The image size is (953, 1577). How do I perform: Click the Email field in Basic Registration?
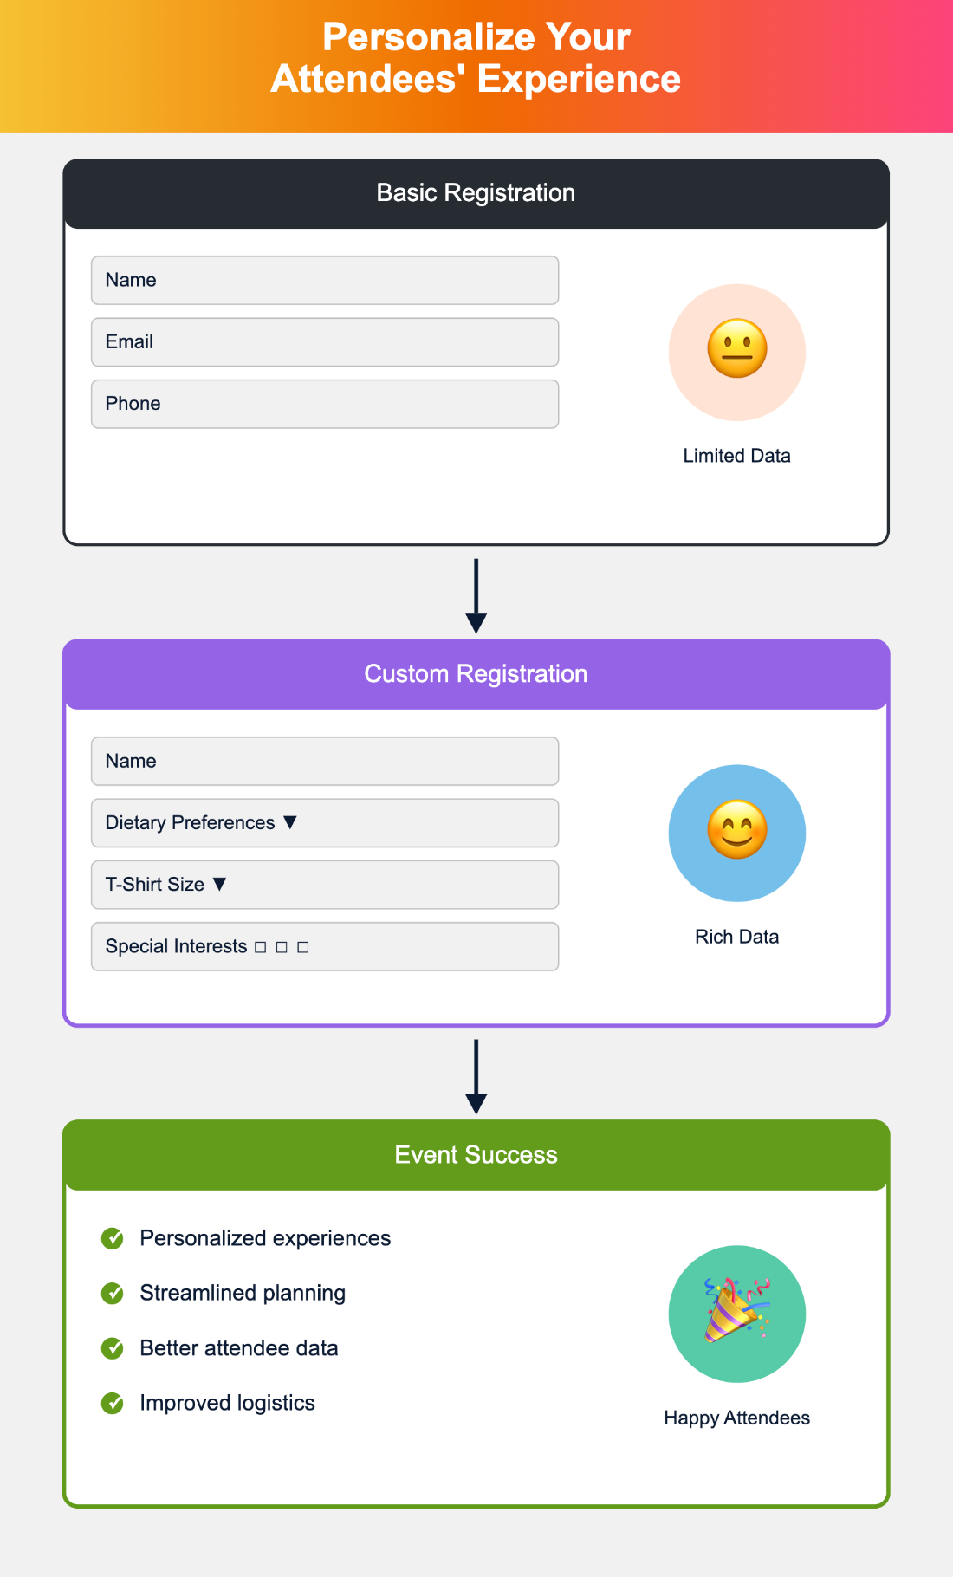[325, 342]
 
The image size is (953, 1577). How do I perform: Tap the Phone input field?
[325, 404]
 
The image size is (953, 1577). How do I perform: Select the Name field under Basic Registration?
[325, 280]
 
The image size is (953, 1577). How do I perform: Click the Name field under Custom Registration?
[325, 761]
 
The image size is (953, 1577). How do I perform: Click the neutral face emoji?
[737, 349]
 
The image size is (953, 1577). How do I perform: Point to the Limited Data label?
[736, 456]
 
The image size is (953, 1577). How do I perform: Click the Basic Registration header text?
[476, 192]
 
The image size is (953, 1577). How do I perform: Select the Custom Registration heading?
[476, 673]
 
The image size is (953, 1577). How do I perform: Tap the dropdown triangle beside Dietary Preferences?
[290, 822]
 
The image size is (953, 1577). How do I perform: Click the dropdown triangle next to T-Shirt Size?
[219, 884]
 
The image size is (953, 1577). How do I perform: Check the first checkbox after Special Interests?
[260, 947]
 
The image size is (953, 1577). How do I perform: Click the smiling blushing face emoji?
[737, 830]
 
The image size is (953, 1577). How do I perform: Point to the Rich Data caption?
[736, 937]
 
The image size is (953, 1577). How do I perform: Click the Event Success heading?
[476, 1154]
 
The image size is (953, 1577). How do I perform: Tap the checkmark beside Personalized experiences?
[113, 1238]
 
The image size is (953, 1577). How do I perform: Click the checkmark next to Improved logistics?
[113, 1403]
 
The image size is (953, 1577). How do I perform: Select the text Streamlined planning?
[243, 1293]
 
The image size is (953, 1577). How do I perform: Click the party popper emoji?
[736, 1310]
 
